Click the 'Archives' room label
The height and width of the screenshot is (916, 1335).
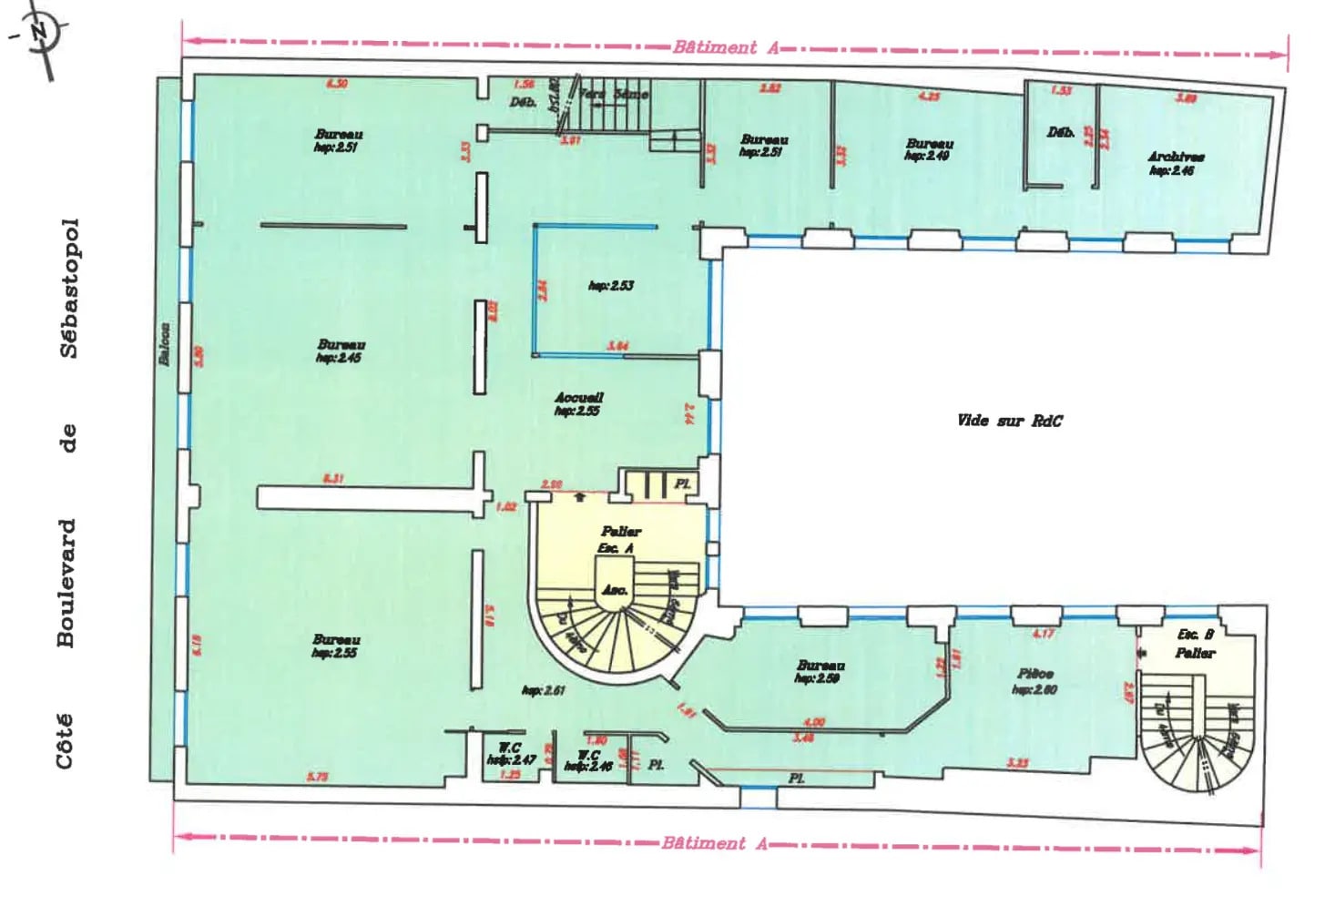click(x=1176, y=157)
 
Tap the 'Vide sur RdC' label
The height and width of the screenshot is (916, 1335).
click(x=1009, y=421)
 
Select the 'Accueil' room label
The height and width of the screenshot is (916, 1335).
click(x=579, y=398)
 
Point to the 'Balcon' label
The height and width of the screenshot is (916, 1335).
click(x=165, y=344)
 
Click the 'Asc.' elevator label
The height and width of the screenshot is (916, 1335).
click(x=615, y=590)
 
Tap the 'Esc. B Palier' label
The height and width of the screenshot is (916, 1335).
click(x=1195, y=644)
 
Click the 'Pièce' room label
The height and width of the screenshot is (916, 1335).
click(x=1036, y=675)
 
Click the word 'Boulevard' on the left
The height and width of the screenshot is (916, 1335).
click(x=66, y=583)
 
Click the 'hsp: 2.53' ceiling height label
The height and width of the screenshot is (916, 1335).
click(x=611, y=286)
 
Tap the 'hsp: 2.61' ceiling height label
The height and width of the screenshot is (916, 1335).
click(x=544, y=690)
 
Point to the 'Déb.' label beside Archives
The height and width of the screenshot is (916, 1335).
click(x=1061, y=133)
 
